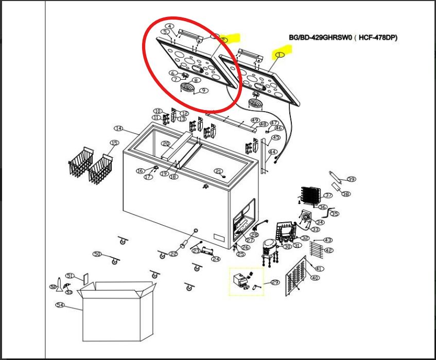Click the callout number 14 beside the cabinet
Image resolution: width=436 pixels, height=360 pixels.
point(119,128)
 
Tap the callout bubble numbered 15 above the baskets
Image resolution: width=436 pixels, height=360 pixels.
point(114,142)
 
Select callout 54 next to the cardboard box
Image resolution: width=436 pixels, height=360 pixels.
point(60,305)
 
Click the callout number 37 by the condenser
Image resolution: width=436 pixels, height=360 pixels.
point(328,195)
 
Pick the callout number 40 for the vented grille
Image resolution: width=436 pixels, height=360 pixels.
point(315,278)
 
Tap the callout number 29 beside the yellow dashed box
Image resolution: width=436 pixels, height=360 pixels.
point(274,282)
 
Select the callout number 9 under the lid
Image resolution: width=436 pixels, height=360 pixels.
point(204,91)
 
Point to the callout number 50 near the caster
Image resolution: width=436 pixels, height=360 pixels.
point(97,254)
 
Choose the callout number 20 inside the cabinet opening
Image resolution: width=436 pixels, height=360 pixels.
point(166,143)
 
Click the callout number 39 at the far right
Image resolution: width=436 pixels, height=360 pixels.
point(352,179)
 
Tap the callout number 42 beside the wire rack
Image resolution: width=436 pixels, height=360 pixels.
point(328,250)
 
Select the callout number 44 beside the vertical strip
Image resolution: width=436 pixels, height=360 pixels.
point(273,152)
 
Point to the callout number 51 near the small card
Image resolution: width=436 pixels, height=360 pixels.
point(71,276)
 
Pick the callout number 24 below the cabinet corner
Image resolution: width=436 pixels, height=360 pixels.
point(216,259)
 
